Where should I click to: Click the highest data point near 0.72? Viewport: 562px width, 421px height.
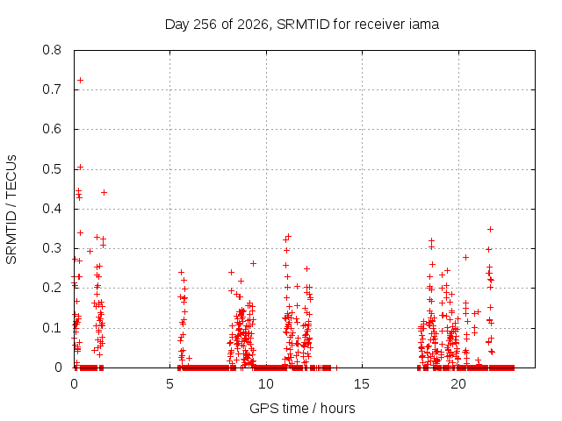click(80, 80)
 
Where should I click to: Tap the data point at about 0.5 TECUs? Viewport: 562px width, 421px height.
click(80, 167)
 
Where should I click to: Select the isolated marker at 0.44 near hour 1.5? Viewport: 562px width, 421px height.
click(104, 193)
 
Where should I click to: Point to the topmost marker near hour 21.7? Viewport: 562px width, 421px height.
click(490, 230)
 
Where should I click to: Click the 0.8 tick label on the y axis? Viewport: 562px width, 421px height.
click(52, 50)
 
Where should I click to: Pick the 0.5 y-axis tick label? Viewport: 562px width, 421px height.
click(52, 169)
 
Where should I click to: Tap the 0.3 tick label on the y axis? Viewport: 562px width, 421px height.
click(52, 248)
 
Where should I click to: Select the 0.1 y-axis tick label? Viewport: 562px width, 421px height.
click(52, 328)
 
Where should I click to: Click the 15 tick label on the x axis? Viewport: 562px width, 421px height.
click(362, 384)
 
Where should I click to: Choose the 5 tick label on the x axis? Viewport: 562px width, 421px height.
click(169, 384)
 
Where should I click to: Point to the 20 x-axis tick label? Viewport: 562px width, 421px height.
click(458, 384)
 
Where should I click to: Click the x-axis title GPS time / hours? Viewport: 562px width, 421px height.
click(302, 408)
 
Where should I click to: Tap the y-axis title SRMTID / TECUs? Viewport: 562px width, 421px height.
click(11, 210)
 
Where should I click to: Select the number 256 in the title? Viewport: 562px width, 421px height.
click(205, 25)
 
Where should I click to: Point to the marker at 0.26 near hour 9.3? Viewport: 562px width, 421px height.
click(253, 263)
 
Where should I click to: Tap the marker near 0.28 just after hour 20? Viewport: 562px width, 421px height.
click(465, 257)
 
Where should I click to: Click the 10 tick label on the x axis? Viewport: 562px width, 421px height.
click(265, 384)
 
